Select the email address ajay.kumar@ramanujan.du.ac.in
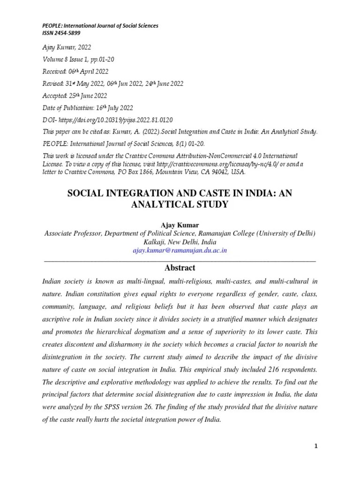pos(180,250)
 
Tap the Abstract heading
pos(180,268)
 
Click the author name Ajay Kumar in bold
pos(180,225)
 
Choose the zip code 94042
pos(215,172)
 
